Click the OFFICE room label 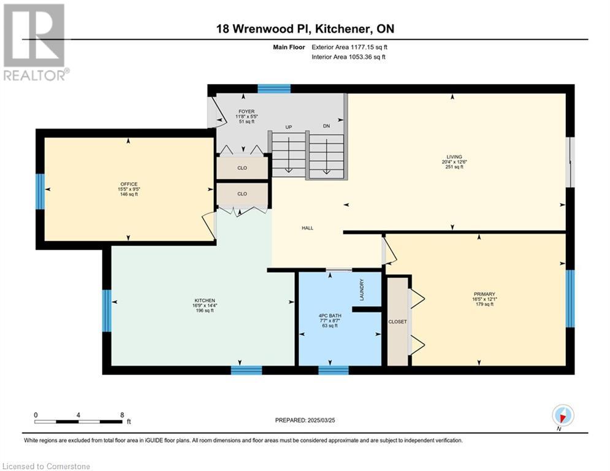(x=129, y=184)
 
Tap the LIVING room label (x=454, y=157)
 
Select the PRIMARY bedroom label (x=484, y=294)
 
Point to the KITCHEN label (x=205, y=301)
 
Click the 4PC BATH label (x=330, y=316)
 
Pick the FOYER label (x=246, y=112)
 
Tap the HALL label (x=307, y=228)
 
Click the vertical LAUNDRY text (x=362, y=289)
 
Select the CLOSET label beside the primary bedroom (x=398, y=322)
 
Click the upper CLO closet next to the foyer (x=242, y=168)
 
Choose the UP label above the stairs (x=289, y=128)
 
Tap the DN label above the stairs (x=326, y=126)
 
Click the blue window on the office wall (x=40, y=191)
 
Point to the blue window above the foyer (x=274, y=89)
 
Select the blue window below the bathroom (x=334, y=370)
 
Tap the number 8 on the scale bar (x=122, y=415)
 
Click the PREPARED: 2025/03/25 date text (x=305, y=420)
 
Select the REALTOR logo (x=36, y=42)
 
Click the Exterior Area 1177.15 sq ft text (x=349, y=47)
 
